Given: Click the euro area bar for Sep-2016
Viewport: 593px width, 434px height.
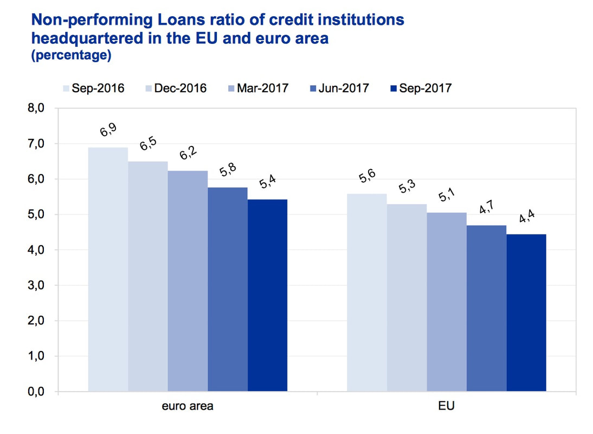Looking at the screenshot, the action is coord(108,269).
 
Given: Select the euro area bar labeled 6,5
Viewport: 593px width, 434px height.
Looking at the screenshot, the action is coord(148,276).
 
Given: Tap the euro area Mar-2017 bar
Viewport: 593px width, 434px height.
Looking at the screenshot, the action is coord(188,281).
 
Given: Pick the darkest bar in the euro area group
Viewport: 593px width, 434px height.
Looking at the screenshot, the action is coord(267,295).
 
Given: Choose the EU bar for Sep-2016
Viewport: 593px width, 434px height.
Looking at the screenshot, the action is coord(367,292).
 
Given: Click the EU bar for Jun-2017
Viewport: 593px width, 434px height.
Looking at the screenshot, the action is coord(486,308).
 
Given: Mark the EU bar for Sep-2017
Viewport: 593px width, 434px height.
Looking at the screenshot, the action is coord(526,312).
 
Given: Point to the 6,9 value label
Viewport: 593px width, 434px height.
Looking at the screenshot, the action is coord(108,130).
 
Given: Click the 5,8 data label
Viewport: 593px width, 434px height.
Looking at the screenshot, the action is coord(228,170).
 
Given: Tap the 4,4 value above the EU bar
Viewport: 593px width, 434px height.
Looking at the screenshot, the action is coord(526,216).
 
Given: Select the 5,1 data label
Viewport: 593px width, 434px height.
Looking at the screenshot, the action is coord(447,195).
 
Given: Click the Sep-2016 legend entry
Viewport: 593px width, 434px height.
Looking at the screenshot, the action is coord(94,88).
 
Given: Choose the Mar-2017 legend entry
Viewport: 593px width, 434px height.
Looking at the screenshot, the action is coord(259,88).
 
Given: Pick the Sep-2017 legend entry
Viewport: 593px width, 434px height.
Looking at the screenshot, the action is coord(421,88).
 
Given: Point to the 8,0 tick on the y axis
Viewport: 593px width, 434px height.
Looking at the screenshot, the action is coord(36,108).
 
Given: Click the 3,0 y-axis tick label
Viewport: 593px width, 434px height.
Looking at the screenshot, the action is coord(36,285).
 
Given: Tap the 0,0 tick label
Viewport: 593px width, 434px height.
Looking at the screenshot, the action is coord(36,392).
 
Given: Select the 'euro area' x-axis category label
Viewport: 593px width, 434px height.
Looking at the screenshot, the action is coord(188,406).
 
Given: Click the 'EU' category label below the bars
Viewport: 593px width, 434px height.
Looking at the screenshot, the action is coord(446,406).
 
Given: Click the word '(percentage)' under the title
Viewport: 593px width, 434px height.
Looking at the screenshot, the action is coord(72,55).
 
